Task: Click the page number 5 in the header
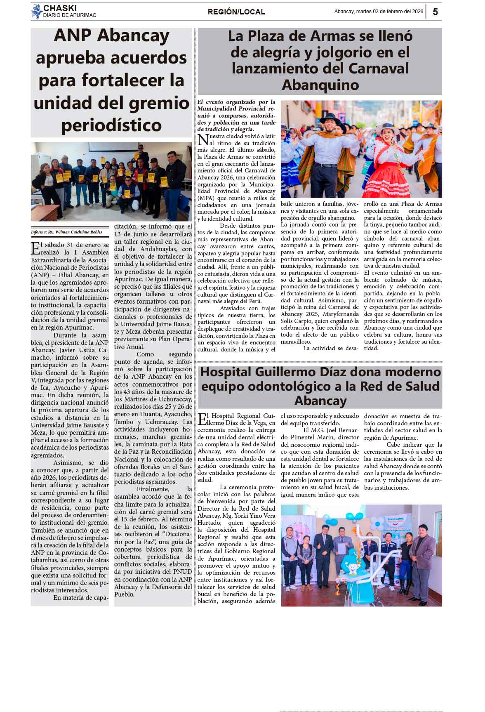tap(435, 12)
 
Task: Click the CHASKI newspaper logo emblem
tap(37, 11)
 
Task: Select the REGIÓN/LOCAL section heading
tap(236, 12)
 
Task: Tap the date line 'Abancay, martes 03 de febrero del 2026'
tap(379, 12)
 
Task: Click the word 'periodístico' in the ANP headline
tap(111, 125)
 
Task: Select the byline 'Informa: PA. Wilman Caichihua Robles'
tap(66, 232)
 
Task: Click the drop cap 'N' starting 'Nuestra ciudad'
tap(203, 139)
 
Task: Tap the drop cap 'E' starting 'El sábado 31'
tap(36, 248)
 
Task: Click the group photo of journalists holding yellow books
tap(111, 182)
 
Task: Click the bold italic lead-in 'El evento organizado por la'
tap(236, 102)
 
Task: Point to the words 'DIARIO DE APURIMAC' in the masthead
tap(70, 15)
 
